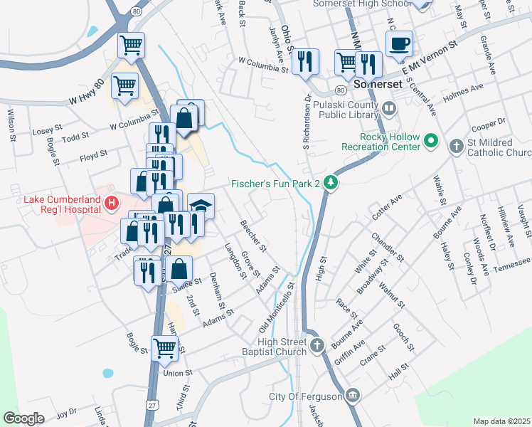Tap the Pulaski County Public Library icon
click(388, 109)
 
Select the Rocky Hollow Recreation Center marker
click(430, 141)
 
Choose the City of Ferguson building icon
click(353, 396)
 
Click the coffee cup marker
click(399, 43)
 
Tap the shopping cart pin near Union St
click(165, 348)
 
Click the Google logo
click(23, 418)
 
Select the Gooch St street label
click(403, 337)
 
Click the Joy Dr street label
click(66, 412)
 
